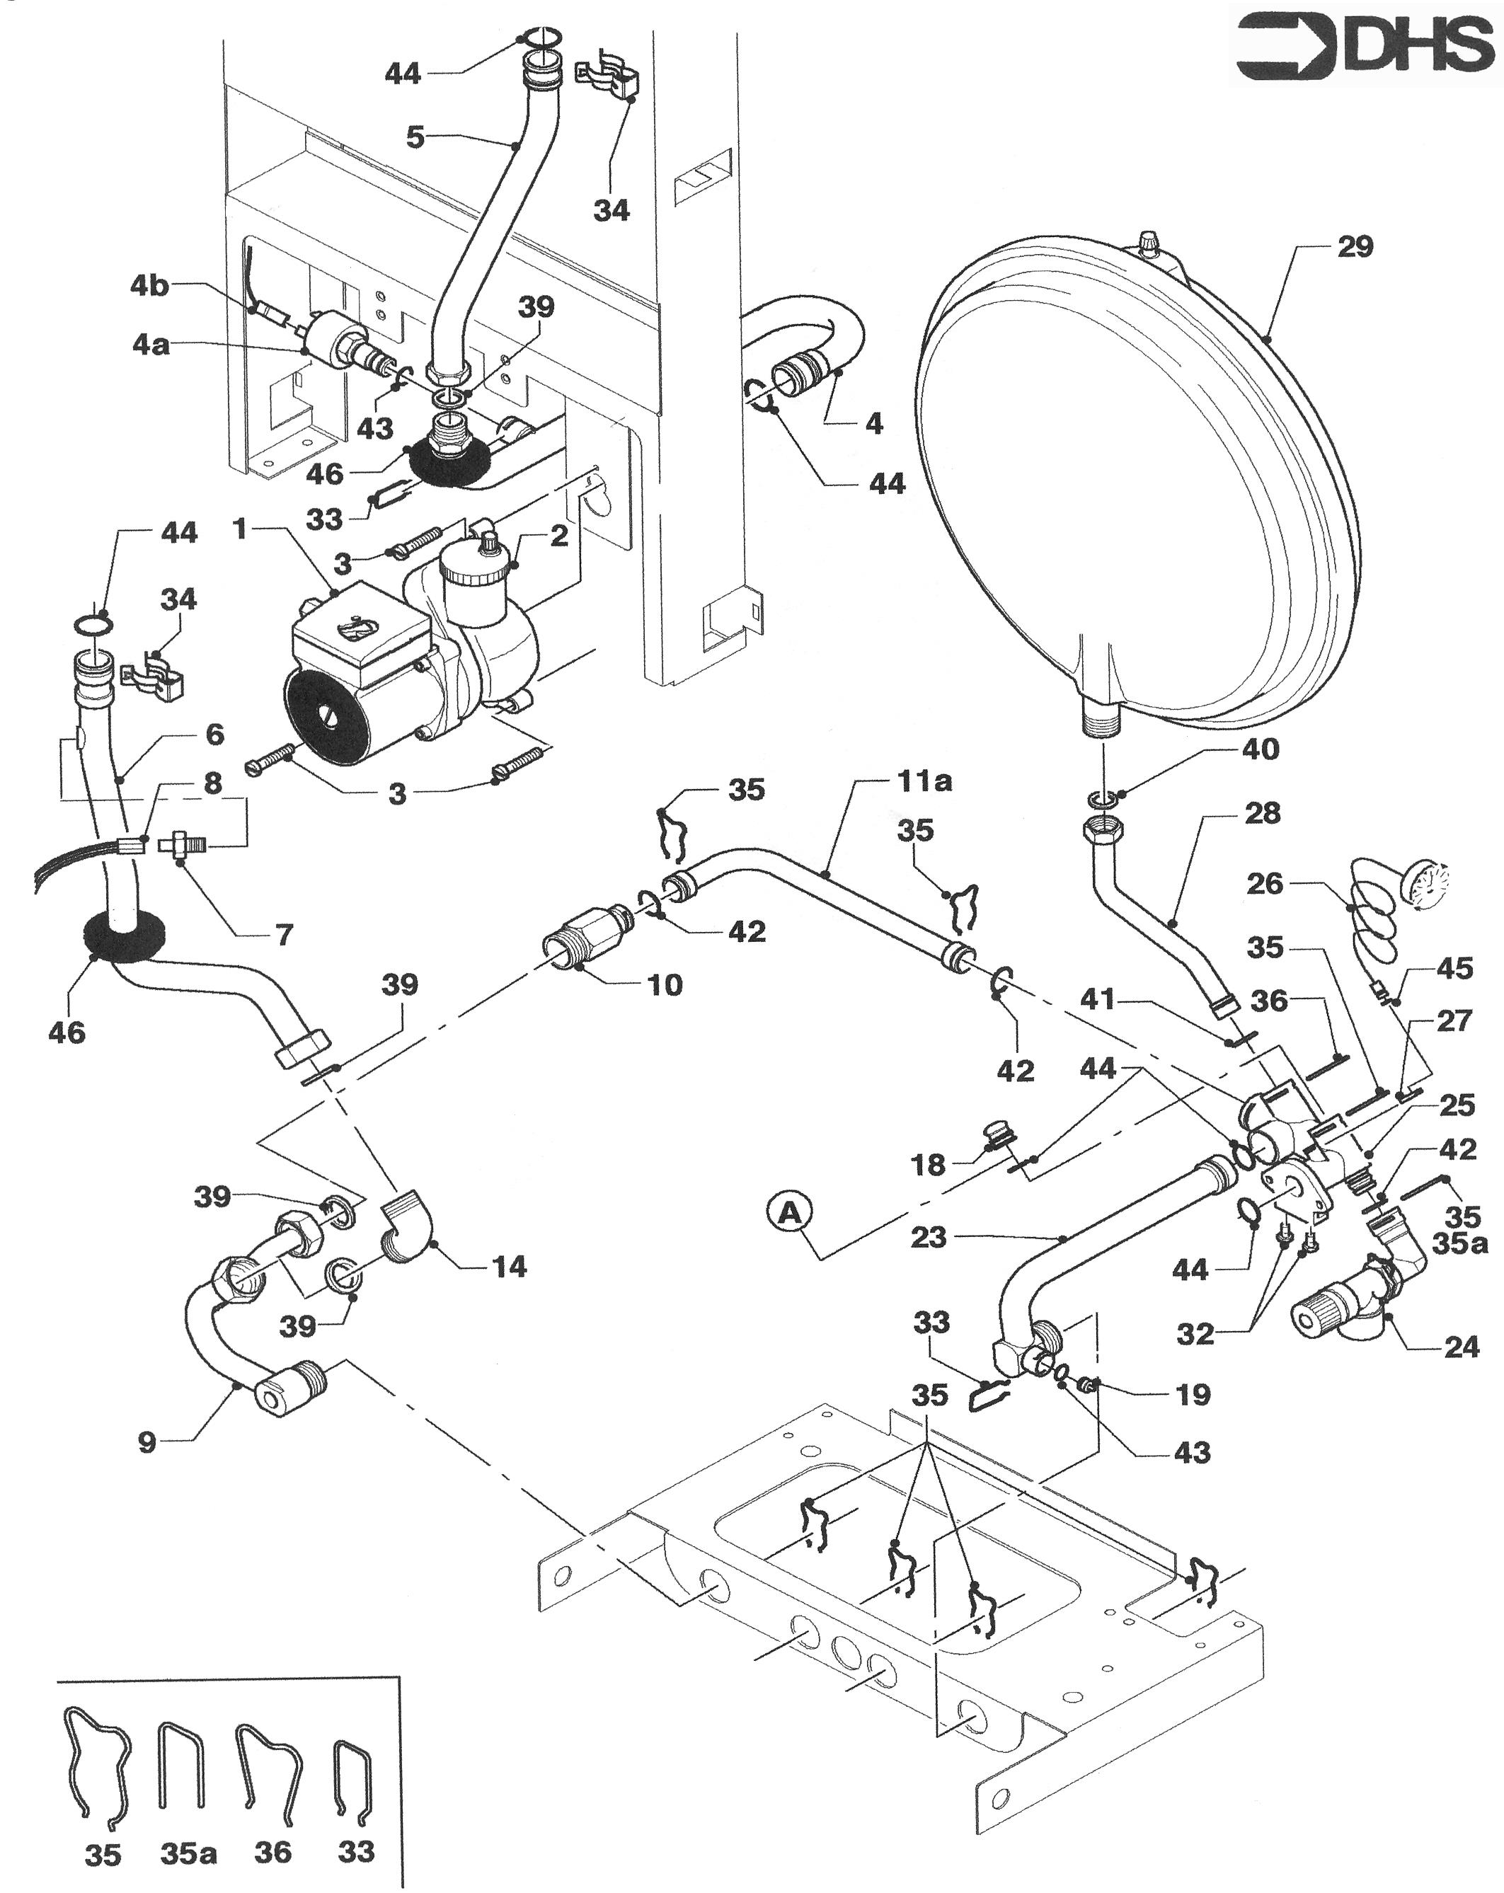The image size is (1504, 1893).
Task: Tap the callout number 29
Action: tap(1355, 247)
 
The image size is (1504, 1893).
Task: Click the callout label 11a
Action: tap(924, 781)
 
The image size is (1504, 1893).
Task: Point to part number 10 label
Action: tap(665, 985)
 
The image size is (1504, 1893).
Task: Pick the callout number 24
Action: tap(1461, 1346)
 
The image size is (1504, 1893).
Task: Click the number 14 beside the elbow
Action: tap(509, 1266)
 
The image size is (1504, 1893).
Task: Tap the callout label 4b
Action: tap(149, 286)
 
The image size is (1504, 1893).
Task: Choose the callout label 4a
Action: tap(151, 345)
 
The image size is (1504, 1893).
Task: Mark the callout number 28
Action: tap(1263, 813)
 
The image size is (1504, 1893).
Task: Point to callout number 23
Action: tap(928, 1237)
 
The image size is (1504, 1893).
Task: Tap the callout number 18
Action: tap(929, 1164)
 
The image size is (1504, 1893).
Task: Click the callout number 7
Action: tap(284, 935)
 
